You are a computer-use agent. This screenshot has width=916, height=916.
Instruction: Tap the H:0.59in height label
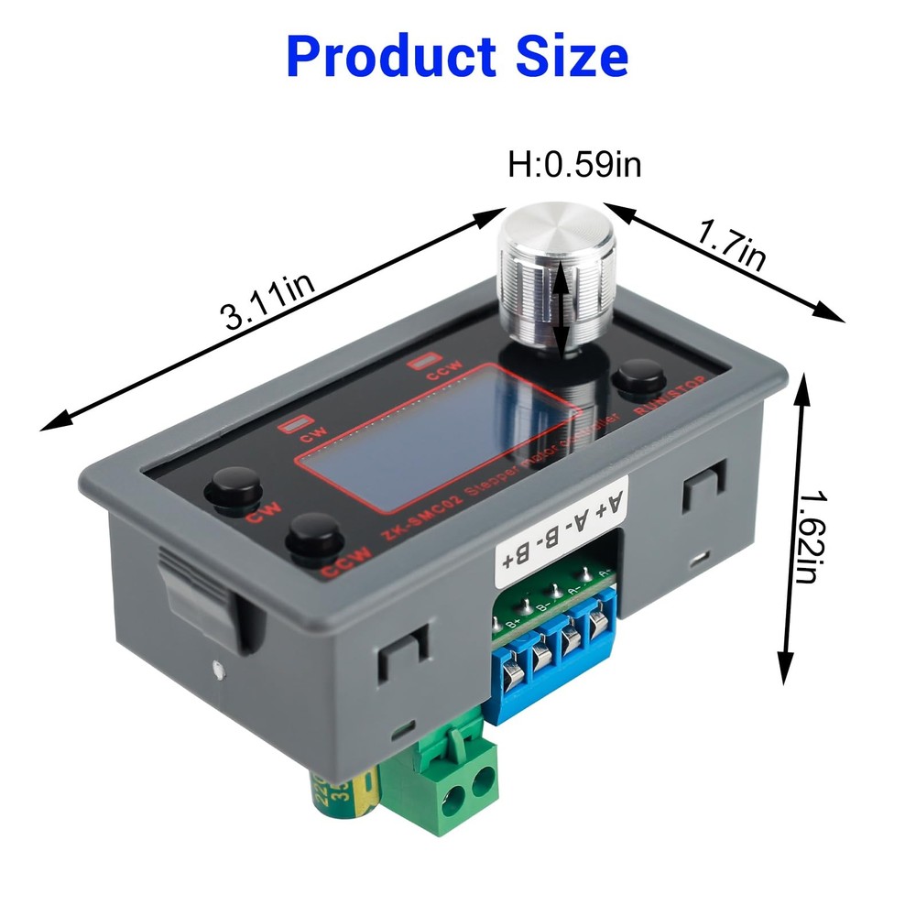(574, 165)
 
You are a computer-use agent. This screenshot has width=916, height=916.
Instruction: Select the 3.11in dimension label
(267, 303)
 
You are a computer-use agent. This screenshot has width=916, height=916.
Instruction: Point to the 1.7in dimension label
(730, 246)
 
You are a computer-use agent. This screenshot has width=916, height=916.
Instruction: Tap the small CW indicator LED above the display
(293, 424)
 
